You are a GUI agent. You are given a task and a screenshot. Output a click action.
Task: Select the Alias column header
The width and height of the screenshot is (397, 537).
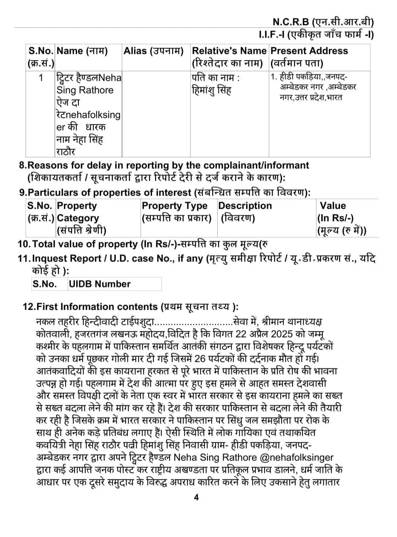(x=153, y=51)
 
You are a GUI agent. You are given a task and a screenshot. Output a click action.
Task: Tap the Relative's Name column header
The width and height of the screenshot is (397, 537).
(x=229, y=51)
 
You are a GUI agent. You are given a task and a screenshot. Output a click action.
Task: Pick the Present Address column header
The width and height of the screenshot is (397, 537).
(x=309, y=51)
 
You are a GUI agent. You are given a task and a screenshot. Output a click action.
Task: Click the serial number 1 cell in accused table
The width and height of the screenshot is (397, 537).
(x=41, y=78)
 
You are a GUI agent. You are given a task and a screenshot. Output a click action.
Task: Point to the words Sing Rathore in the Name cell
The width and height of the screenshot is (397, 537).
(x=85, y=90)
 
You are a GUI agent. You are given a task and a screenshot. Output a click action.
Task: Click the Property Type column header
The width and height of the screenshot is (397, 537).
(x=175, y=206)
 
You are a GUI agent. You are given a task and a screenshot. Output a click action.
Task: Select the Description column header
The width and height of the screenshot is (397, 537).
(x=245, y=206)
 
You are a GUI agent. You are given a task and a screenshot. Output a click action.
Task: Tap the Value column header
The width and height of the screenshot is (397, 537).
(x=333, y=206)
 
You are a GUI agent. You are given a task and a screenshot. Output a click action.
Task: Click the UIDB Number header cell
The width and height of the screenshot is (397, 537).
(x=100, y=284)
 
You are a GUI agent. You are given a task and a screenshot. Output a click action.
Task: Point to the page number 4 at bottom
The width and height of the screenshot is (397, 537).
(x=196, y=497)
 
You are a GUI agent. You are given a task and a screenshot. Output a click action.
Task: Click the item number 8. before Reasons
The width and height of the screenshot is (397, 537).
(x=23, y=165)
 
